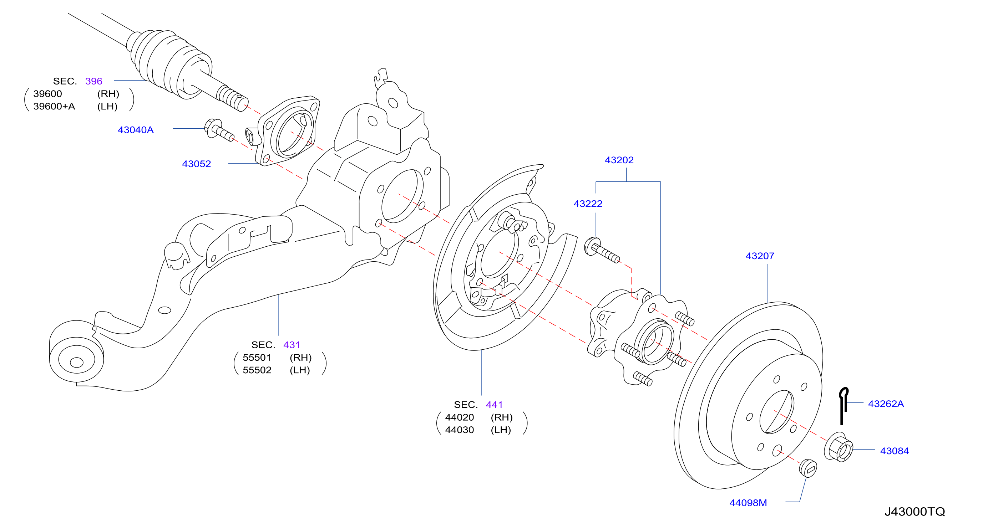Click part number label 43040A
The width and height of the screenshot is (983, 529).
[136, 130]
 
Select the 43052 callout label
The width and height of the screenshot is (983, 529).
[196, 164]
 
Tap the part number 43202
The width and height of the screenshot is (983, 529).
[619, 160]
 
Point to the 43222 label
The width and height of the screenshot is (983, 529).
[588, 204]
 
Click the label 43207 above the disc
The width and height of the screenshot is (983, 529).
[760, 256]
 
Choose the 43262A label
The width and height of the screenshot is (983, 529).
[886, 404]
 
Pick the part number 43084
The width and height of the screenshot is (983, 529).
[894, 451]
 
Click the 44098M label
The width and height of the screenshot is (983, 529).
[748, 503]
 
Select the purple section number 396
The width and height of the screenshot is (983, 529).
[93, 81]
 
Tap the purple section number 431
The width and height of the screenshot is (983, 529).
[292, 345]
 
